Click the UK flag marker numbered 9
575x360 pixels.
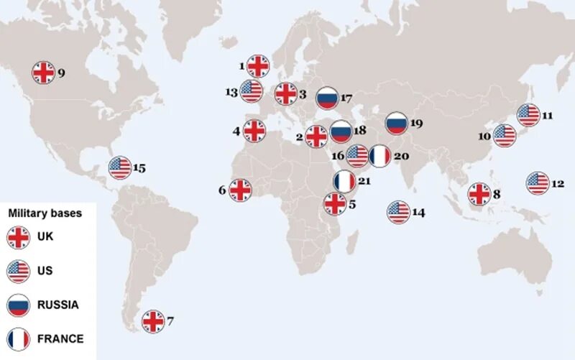pyautogui.click(x=43, y=72)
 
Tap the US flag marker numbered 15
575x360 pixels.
pyautogui.click(x=120, y=168)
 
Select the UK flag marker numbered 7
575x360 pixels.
pyautogui.click(x=153, y=321)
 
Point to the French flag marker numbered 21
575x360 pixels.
pyautogui.click(x=345, y=181)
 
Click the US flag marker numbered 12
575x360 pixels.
pyautogui.click(x=537, y=183)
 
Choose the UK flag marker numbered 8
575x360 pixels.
pyautogui.click(x=479, y=193)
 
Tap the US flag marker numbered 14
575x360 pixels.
pyautogui.click(x=398, y=212)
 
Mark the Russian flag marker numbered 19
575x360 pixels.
pyautogui.click(x=396, y=124)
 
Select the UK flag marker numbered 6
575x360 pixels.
pyautogui.click(x=240, y=190)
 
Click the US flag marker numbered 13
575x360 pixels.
pyautogui.click(x=252, y=91)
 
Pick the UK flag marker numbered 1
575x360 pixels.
pyautogui.click(x=257, y=66)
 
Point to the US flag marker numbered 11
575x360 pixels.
pyautogui.click(x=528, y=115)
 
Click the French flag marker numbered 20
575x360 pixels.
pyautogui.click(x=379, y=156)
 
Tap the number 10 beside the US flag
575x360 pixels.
pyautogui.click(x=485, y=136)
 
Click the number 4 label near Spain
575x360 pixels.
pyautogui.click(x=236, y=131)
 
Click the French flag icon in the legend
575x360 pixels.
pyautogui.click(x=18, y=338)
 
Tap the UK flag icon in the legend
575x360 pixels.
pyautogui.click(x=18, y=236)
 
